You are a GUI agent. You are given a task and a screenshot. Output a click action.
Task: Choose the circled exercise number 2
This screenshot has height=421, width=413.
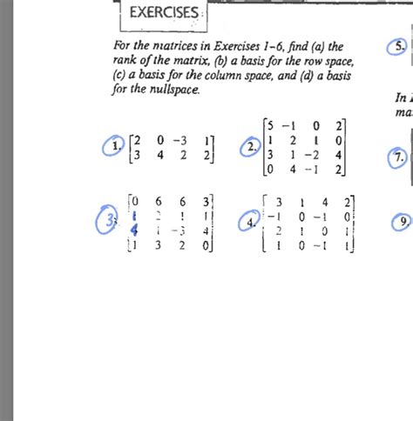252,148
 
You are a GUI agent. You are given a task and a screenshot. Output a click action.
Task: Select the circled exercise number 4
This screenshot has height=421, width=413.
252,223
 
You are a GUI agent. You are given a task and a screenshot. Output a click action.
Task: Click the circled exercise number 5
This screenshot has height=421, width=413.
398,48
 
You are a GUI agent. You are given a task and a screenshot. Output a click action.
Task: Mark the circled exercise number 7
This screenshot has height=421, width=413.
397,158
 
